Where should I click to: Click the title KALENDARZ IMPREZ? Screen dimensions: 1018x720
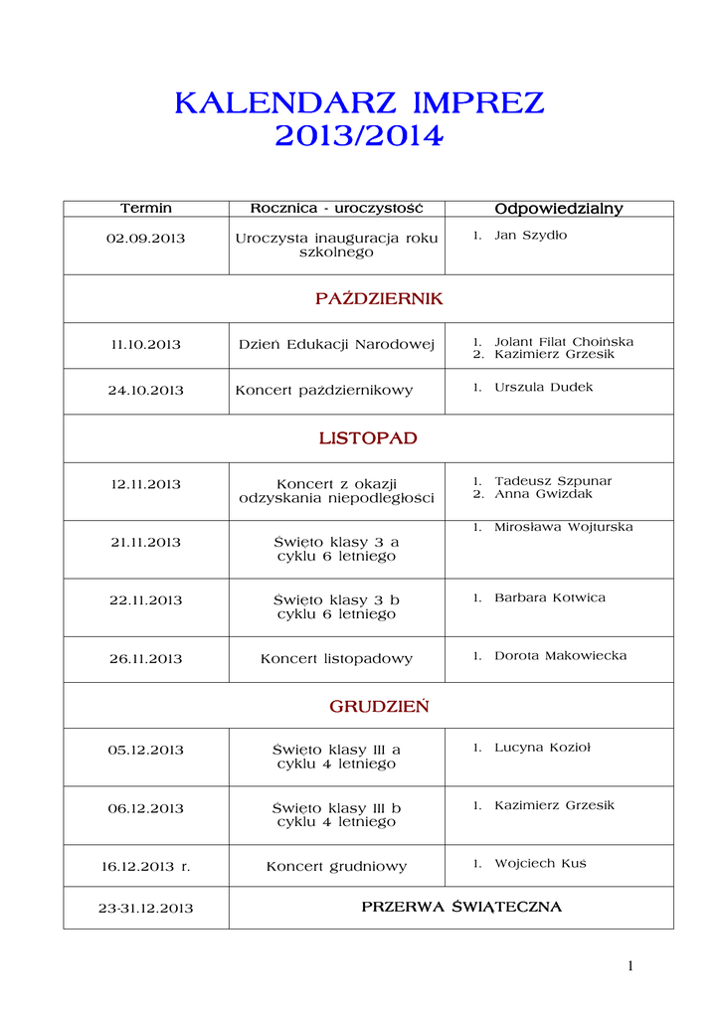click(359, 103)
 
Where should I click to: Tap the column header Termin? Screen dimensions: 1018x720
click(146, 209)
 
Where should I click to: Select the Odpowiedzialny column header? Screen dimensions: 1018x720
click(559, 209)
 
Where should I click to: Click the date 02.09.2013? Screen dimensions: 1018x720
click(146, 239)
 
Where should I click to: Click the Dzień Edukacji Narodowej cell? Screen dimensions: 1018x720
click(337, 345)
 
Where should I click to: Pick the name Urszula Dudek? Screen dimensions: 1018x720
click(543, 387)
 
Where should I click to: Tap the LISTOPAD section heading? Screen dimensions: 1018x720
click(368, 438)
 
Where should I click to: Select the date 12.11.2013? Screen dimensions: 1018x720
click(146, 485)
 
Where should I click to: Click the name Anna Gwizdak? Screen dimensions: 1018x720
click(543, 494)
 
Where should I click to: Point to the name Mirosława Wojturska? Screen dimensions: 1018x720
click(563, 527)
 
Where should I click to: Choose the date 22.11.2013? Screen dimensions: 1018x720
click(146, 600)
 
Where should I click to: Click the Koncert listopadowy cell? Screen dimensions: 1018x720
click(336, 659)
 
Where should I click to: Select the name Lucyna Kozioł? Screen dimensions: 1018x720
click(542, 748)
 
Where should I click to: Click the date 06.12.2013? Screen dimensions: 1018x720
click(146, 808)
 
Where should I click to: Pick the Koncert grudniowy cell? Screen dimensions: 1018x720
click(336, 867)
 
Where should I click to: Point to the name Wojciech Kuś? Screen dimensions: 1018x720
click(540, 864)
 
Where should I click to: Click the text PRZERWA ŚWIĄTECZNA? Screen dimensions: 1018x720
click(461, 908)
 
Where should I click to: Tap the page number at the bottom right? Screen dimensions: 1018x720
click(630, 965)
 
